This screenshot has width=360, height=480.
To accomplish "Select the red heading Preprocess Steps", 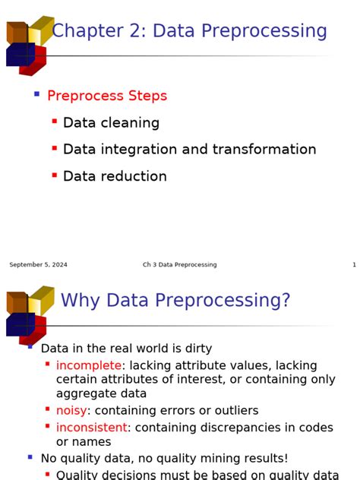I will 107,96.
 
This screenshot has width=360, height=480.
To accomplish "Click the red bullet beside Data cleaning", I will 55,122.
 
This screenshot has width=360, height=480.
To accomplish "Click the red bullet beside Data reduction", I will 55,175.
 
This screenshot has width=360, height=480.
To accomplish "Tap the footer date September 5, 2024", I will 38,265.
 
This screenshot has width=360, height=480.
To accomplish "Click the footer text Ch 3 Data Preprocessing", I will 179,265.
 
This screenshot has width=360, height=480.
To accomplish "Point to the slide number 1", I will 354,265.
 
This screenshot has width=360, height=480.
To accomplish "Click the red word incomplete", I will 88,365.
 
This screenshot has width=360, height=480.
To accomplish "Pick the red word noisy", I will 71,410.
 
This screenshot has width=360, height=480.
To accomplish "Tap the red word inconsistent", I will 91,427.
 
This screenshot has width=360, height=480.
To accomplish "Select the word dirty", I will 194,349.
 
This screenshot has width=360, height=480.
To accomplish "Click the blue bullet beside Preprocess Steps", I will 36,94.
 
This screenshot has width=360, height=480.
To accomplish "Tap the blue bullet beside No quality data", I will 30,457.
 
